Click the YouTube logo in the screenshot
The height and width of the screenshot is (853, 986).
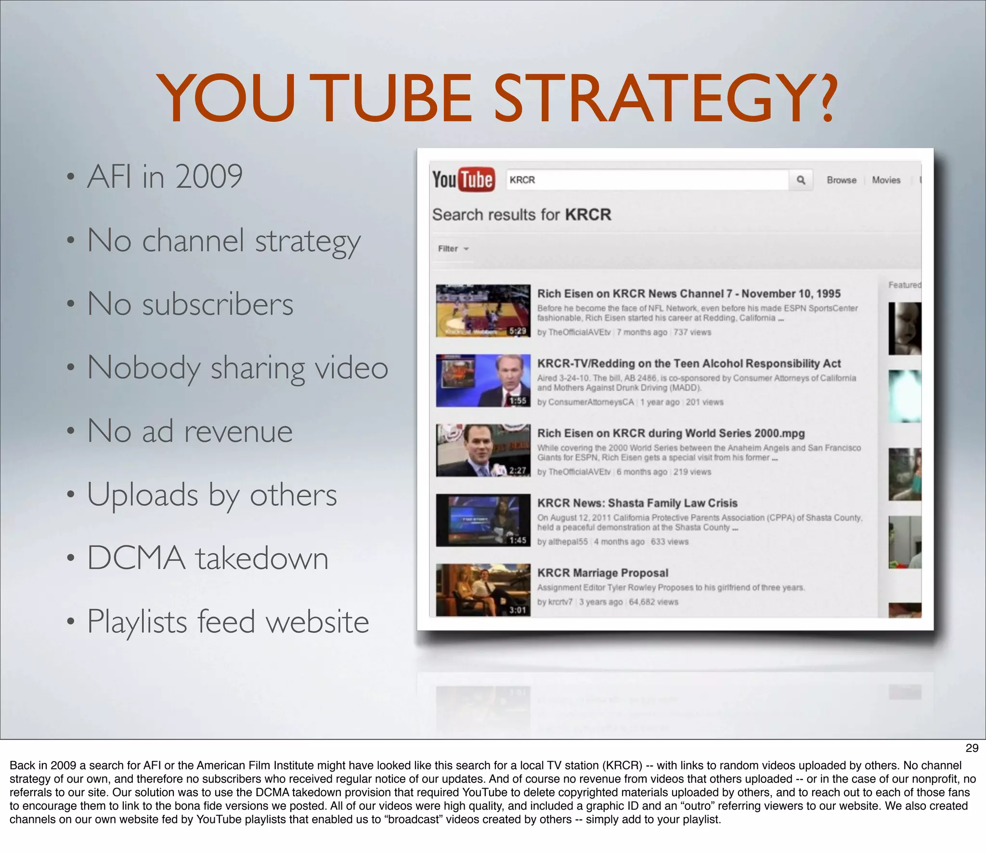point(463,180)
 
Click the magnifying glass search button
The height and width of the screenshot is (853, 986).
point(801,180)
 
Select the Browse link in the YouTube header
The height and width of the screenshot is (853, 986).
point(841,180)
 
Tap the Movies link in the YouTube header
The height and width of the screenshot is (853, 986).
point(886,180)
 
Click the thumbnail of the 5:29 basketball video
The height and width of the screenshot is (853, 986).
point(483,310)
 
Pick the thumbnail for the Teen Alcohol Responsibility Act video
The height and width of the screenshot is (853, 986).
point(483,380)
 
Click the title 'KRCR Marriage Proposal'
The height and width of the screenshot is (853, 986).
point(602,573)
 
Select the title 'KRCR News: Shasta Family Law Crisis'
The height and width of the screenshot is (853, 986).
point(637,503)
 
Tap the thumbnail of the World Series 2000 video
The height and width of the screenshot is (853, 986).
point(483,450)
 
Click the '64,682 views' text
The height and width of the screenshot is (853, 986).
point(653,602)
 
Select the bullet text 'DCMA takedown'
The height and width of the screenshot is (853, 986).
point(208,558)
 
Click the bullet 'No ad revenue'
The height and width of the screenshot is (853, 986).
point(190,431)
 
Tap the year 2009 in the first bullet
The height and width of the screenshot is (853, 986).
point(209,176)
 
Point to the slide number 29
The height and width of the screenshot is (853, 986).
point(972,748)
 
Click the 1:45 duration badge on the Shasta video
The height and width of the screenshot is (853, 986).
point(518,540)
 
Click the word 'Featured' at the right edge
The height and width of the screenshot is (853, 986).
point(904,285)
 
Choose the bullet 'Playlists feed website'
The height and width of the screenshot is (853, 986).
point(228,622)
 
